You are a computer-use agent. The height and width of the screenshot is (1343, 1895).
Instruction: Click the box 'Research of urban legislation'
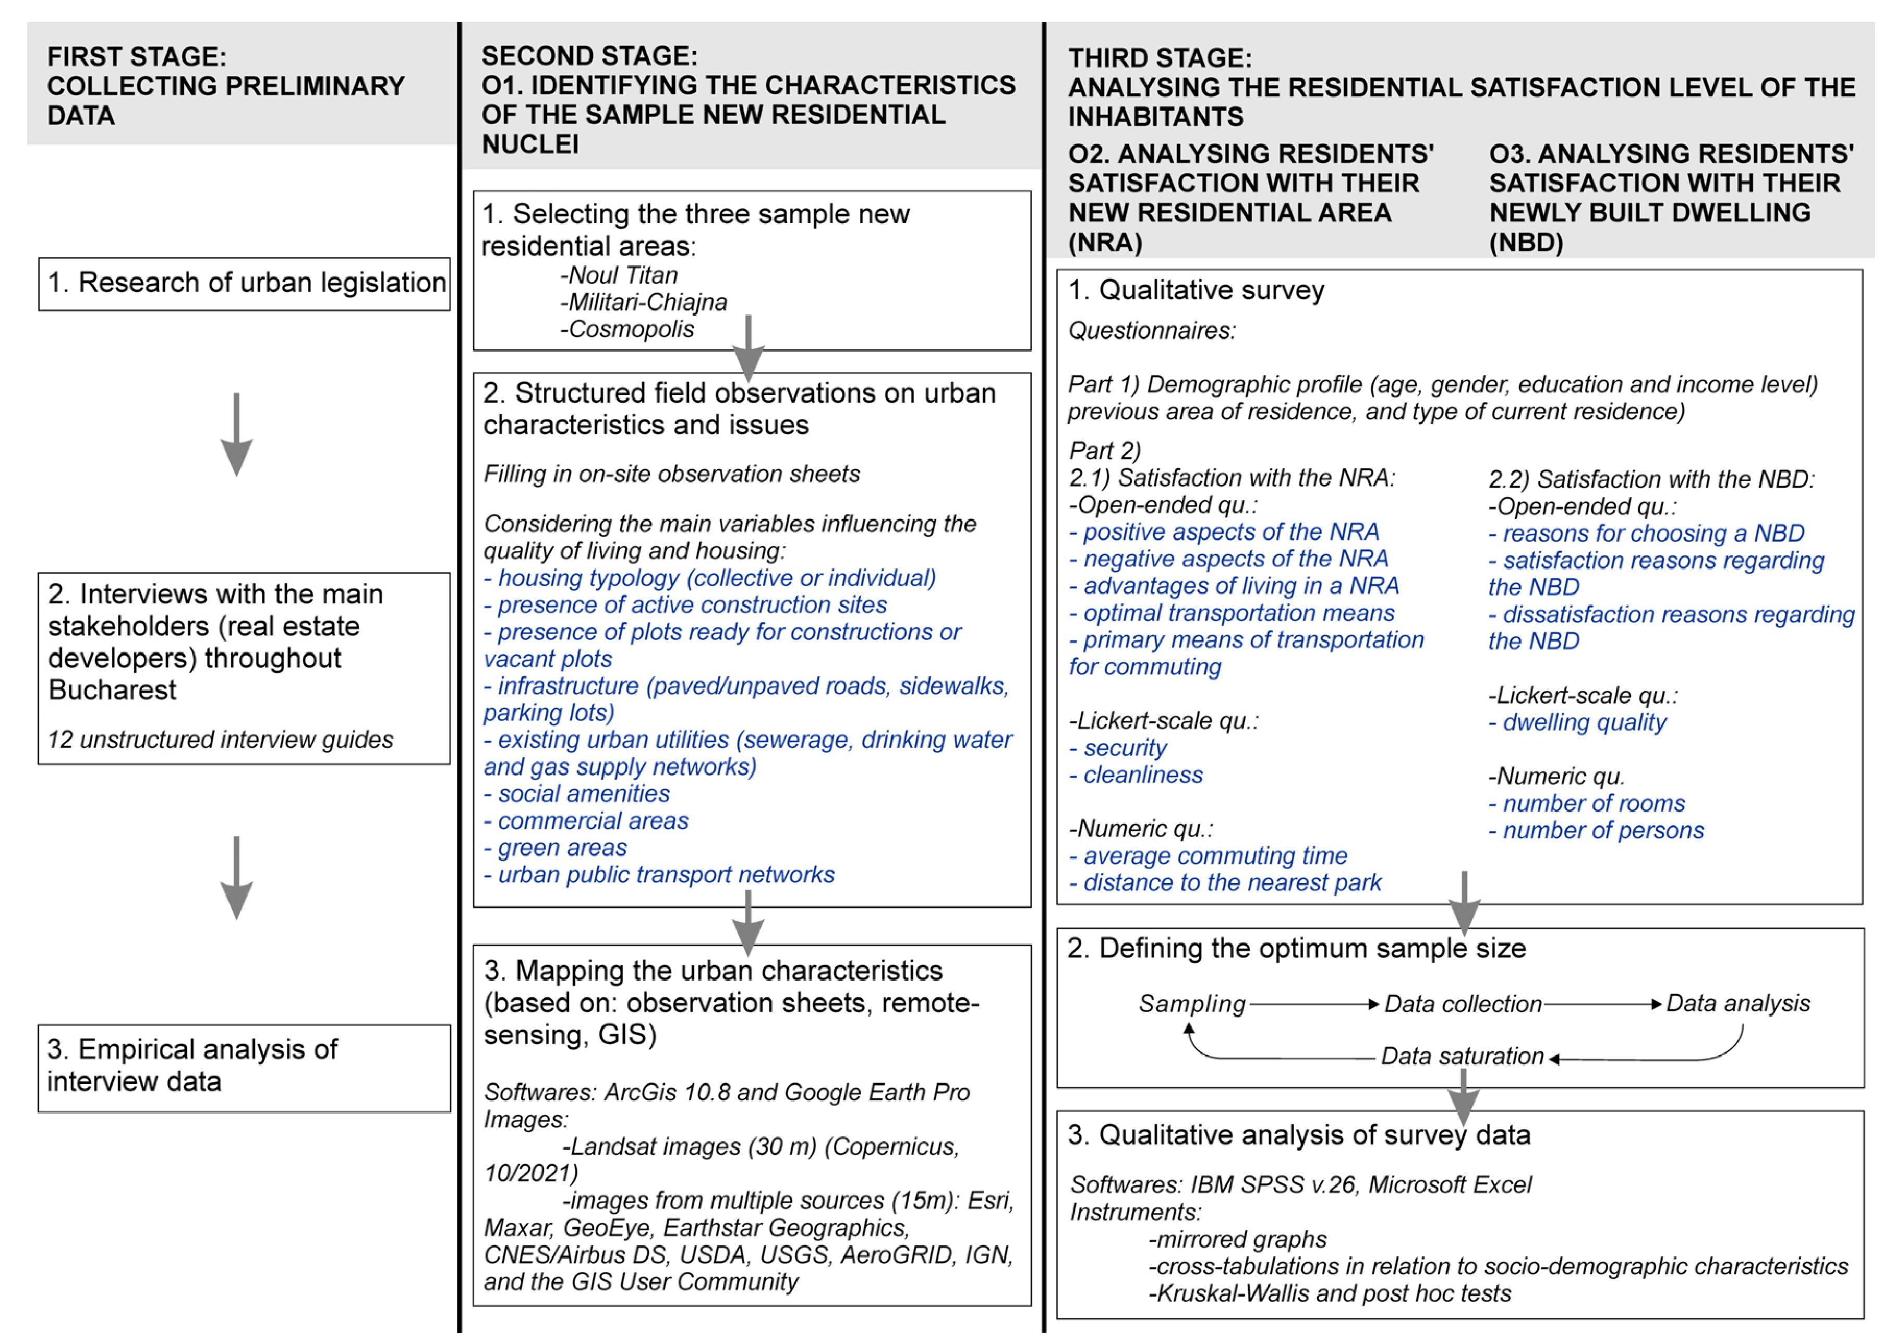(245, 284)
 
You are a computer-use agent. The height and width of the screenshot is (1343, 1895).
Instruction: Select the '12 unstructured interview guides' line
(220, 740)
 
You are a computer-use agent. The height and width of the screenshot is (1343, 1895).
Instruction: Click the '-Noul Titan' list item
(620, 275)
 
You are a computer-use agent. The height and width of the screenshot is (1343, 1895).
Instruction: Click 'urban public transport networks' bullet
(659, 875)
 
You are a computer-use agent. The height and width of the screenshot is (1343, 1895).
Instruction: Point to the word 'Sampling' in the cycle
(1192, 1004)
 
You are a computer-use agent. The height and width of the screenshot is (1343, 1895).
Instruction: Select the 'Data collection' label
(1463, 1005)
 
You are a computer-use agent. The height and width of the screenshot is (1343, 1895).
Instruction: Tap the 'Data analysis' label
(1738, 1004)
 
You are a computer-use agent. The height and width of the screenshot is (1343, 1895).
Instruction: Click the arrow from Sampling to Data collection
(1314, 1005)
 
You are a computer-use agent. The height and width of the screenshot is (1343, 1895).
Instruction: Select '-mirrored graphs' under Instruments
(1238, 1240)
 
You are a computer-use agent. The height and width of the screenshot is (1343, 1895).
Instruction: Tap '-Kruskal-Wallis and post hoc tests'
(1330, 1293)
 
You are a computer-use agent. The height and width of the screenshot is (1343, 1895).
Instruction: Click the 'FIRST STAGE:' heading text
(137, 57)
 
